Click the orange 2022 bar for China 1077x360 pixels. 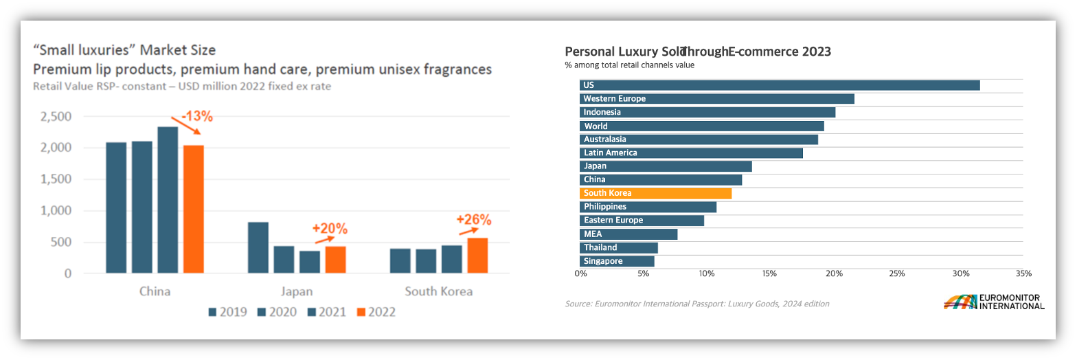(193, 209)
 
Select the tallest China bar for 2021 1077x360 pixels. (168, 200)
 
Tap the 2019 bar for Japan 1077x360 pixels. (258, 247)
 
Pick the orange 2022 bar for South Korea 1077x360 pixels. (477, 256)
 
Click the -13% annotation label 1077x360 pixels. (196, 116)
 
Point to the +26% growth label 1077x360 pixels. (474, 220)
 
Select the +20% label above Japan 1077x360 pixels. (330, 229)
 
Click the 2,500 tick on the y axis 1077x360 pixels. (56, 117)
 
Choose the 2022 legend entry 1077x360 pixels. (376, 312)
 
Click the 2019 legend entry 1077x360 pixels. (227, 312)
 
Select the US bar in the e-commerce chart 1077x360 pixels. (780, 85)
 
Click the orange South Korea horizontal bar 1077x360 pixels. (655, 193)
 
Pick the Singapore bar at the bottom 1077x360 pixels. (617, 261)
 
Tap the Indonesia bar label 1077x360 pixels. (602, 112)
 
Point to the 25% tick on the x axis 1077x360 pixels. (896, 274)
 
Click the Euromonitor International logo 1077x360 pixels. (994, 302)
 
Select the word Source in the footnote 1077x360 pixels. (576, 304)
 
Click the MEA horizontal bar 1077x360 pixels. (628, 234)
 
